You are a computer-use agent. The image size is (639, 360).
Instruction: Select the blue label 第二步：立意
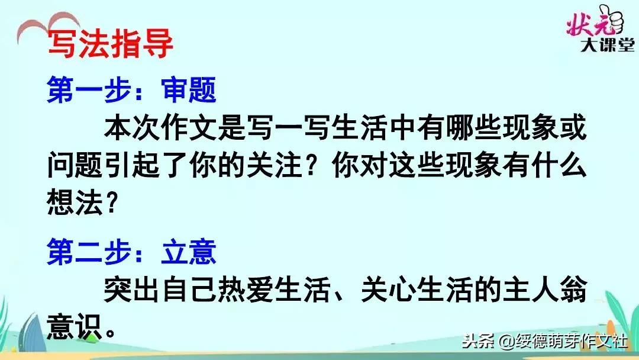pos(131,253)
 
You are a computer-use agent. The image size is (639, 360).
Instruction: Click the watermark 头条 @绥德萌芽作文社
pos(545,342)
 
